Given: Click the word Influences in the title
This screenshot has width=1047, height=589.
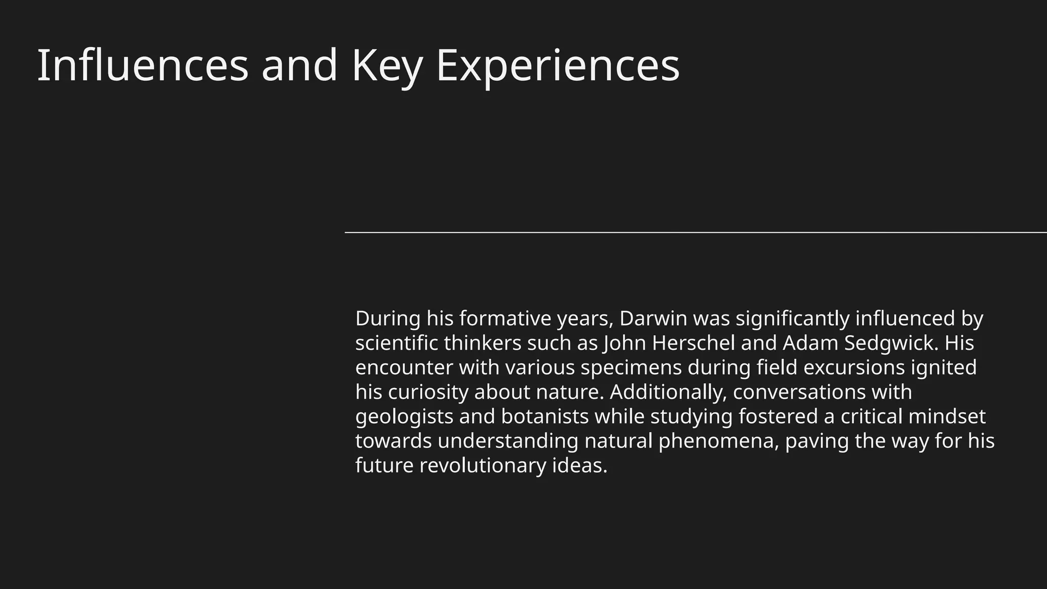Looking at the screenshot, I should pyautogui.click(x=143, y=65).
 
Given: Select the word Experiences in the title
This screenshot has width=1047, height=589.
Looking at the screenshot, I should pyautogui.click(x=557, y=65).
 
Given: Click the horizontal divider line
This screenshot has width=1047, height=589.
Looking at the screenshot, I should pyautogui.click(x=695, y=233).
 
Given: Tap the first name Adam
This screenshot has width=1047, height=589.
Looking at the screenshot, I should pyautogui.click(x=810, y=343).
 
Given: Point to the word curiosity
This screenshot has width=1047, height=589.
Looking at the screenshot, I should pyautogui.click(x=428, y=392).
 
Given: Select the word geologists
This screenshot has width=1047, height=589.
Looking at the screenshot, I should pyautogui.click(x=404, y=417).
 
